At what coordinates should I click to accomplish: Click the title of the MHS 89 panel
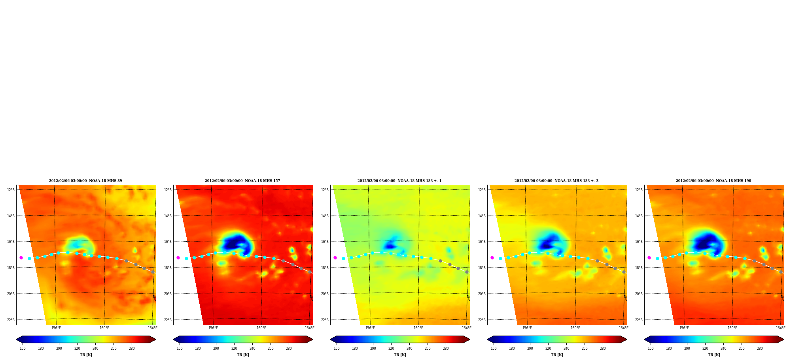pyautogui.click(x=85, y=181)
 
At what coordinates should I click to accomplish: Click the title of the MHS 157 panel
pyautogui.click(x=242, y=181)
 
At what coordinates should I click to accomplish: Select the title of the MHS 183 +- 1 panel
pyautogui.click(x=399, y=181)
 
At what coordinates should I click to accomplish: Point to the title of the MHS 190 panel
pyautogui.click(x=713, y=181)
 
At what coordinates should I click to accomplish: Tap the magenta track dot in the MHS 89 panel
pyautogui.click(x=21, y=258)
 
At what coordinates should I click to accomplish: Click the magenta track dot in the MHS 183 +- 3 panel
pyautogui.click(x=492, y=258)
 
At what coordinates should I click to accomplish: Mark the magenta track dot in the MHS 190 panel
pyautogui.click(x=649, y=258)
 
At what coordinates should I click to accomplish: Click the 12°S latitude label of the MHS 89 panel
pyautogui.click(x=11, y=190)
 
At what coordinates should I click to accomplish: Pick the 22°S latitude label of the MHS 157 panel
pyautogui.click(x=168, y=320)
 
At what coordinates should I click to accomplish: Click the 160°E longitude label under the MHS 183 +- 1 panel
pyautogui.click(x=418, y=328)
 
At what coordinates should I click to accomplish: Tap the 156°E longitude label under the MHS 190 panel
pyautogui.click(x=684, y=328)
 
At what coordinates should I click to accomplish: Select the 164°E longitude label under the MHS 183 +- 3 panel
pyautogui.click(x=624, y=328)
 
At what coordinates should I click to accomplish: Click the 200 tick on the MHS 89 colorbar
pyautogui.click(x=59, y=349)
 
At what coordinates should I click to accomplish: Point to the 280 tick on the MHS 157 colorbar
pyautogui.click(x=289, y=349)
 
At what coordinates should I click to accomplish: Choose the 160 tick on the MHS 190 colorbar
pyautogui.click(x=651, y=349)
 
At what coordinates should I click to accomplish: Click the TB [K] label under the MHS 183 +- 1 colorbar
pyautogui.click(x=400, y=355)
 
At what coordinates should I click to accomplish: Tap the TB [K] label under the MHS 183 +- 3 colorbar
pyautogui.click(x=557, y=355)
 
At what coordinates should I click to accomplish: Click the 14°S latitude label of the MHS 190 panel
pyautogui.click(x=639, y=216)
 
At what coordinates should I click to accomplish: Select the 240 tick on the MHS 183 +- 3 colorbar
pyautogui.click(x=566, y=349)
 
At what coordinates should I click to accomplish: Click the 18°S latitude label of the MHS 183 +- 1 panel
pyautogui.click(x=325, y=268)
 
